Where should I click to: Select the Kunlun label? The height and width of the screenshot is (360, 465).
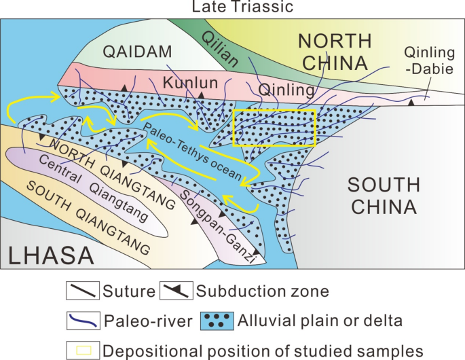(185, 83)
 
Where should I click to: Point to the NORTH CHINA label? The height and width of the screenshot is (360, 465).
(333, 53)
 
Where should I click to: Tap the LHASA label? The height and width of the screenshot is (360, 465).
(51, 255)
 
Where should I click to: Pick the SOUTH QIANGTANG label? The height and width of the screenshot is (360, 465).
(88, 217)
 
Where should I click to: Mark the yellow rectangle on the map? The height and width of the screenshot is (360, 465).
(274, 128)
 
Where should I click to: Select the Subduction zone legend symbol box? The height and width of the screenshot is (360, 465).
(176, 292)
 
